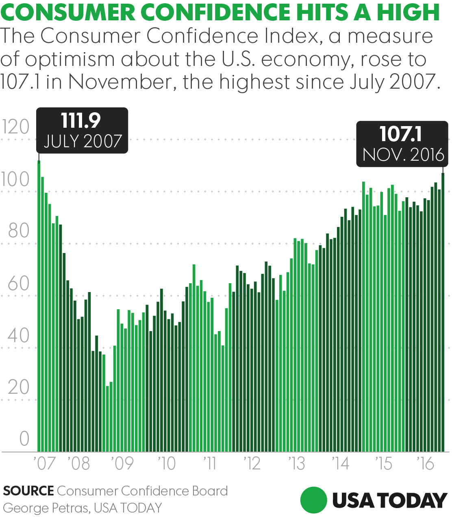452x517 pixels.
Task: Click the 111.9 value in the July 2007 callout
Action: pos(81,121)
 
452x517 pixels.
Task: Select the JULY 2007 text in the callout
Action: pos(83,141)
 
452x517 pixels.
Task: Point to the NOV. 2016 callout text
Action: pos(403,155)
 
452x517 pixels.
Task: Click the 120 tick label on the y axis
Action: pos(16,127)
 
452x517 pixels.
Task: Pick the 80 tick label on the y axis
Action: pos(18,231)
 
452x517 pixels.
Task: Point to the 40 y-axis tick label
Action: pos(18,336)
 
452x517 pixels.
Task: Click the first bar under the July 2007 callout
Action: pos(39,306)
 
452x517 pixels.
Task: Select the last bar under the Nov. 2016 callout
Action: pos(443,312)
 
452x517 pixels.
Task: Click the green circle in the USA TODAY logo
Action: pos(314,500)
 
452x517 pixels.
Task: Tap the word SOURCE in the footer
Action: pos(28,491)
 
